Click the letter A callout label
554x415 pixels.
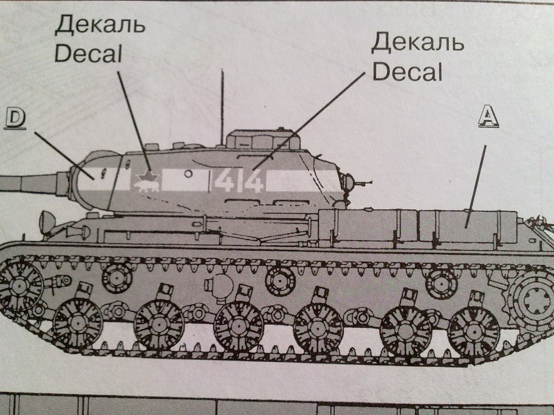click(x=488, y=117)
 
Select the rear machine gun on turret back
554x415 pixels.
click(x=357, y=182)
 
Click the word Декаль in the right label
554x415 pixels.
click(x=417, y=43)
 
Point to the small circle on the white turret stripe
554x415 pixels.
click(x=188, y=174)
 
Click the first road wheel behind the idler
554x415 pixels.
click(x=78, y=323)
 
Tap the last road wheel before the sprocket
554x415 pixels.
click(x=473, y=328)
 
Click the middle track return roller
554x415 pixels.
click(x=280, y=281)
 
